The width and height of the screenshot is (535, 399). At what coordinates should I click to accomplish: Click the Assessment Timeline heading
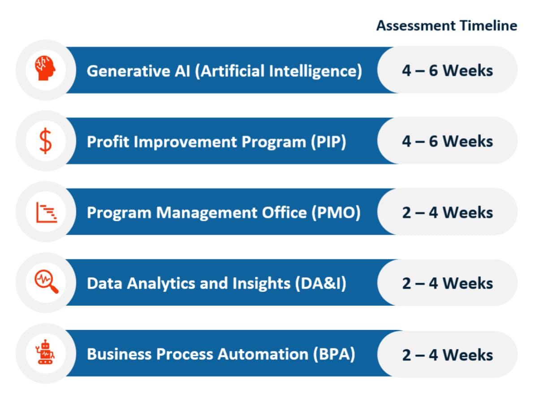447,26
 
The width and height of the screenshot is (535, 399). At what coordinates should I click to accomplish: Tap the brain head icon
45,68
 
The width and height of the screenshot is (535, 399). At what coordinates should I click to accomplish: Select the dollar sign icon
45,141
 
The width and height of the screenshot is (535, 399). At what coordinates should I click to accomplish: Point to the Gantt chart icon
47,213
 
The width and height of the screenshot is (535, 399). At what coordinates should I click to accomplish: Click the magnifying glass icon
47,282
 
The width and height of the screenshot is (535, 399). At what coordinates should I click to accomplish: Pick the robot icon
45,352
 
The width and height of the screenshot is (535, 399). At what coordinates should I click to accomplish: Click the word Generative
128,71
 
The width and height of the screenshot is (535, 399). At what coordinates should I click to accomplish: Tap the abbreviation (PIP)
328,142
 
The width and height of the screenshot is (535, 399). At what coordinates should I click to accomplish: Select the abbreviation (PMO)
336,213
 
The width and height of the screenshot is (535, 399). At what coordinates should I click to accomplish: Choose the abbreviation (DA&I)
321,284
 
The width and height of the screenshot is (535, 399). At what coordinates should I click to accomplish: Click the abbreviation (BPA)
334,354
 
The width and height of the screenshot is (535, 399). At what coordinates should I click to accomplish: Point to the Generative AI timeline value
447,71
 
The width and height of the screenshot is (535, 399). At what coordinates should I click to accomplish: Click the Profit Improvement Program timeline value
447,141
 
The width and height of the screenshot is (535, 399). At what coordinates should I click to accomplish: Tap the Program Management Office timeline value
447,213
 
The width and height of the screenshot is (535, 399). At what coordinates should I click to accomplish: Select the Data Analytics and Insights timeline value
447,283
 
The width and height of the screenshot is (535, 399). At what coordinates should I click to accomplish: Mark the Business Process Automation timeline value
447,355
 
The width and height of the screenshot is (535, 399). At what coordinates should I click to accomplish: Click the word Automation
263,354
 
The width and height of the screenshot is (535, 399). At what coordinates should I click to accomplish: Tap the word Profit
108,142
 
